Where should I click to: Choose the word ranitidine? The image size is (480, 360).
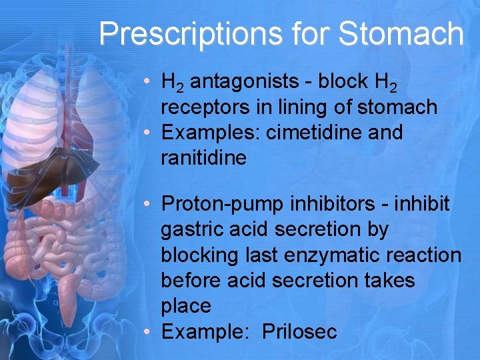tap(203, 158)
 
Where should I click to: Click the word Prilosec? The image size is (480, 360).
tap(299, 331)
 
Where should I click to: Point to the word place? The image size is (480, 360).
tap(186, 306)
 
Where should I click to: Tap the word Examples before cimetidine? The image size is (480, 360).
tap(211, 133)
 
